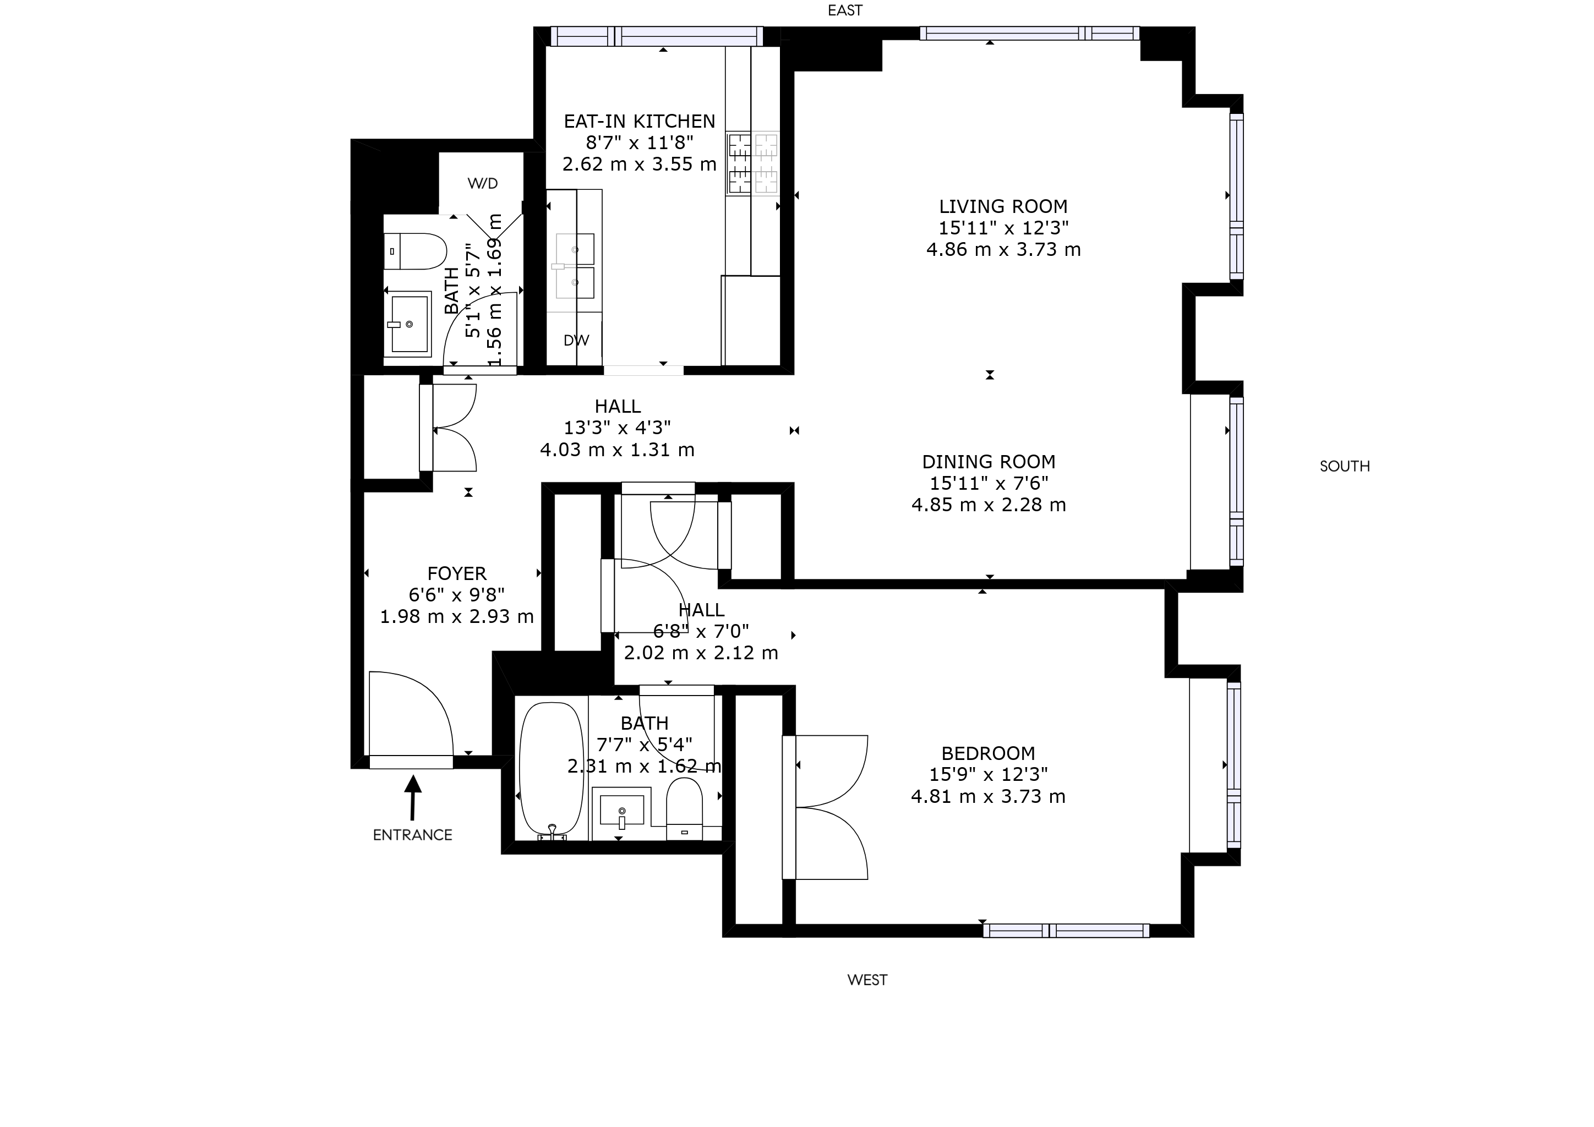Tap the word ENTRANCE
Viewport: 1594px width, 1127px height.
[412, 835]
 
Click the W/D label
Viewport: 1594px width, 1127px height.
[483, 184]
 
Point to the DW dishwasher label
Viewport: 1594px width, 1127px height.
[576, 340]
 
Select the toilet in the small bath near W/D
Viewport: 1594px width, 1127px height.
[414, 251]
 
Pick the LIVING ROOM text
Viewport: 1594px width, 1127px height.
[1003, 207]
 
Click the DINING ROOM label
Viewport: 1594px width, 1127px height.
[989, 462]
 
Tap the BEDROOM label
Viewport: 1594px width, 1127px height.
[988, 754]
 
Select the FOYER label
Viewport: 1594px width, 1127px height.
[457, 574]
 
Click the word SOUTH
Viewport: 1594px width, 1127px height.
[1345, 466]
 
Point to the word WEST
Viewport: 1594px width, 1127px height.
[867, 980]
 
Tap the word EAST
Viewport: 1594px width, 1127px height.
[845, 10]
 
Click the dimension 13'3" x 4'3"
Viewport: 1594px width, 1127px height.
[617, 428]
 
